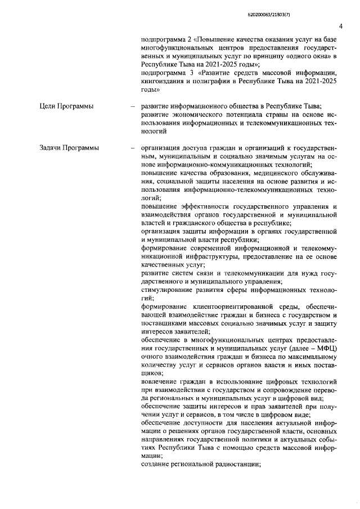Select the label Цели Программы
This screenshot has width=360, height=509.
[x=66, y=106]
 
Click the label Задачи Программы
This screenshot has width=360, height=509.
[x=69, y=147]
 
